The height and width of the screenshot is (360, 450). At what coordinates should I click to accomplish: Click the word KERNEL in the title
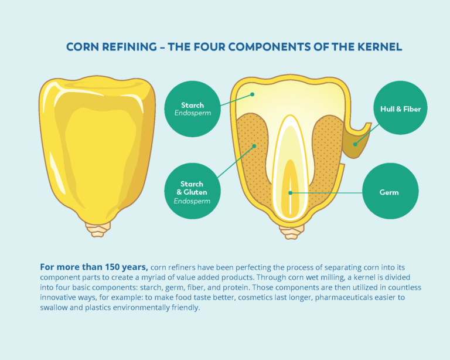tap(379, 47)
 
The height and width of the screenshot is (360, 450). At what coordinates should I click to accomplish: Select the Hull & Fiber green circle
tap(400, 108)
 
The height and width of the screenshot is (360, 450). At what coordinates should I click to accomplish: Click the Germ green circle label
tap(390, 192)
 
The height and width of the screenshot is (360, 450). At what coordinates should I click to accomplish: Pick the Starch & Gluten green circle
tap(192, 192)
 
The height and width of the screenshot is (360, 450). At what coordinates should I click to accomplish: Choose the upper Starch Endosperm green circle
tap(192, 109)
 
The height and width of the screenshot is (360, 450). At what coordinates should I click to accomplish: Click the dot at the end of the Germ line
tap(289, 192)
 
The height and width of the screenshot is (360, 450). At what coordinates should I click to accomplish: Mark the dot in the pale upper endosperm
tap(253, 94)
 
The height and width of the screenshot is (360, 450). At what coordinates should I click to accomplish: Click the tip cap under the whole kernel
tap(98, 229)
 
